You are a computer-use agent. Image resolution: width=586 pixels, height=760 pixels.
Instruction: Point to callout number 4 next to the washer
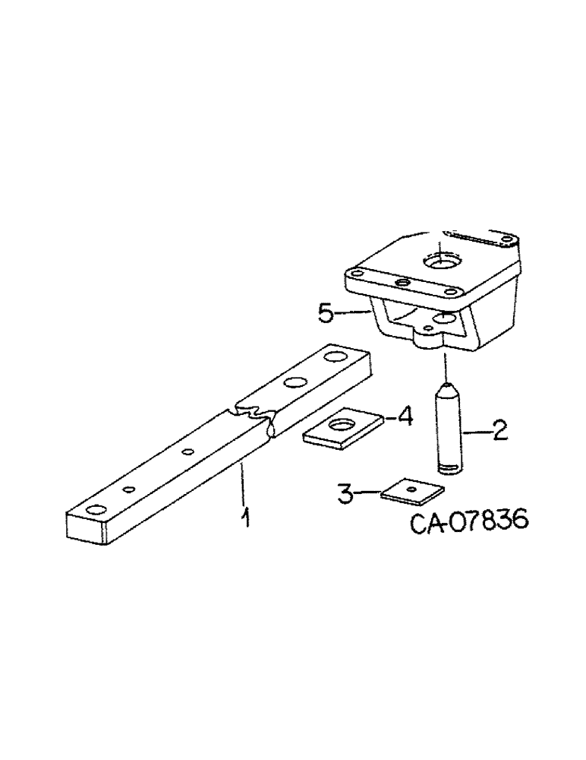click(405, 416)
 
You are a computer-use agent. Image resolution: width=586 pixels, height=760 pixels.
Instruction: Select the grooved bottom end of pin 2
click(448, 465)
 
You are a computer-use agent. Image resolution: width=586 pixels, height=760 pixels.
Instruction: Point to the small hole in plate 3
click(411, 490)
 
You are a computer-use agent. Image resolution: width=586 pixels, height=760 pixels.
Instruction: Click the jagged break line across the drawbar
click(254, 415)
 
